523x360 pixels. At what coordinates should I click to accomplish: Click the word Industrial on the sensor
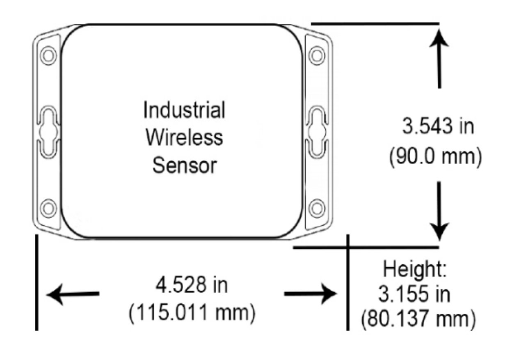pyautogui.click(x=184, y=110)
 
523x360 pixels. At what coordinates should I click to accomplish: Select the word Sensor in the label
pyautogui.click(x=184, y=166)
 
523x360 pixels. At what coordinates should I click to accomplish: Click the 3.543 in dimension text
pyautogui.click(x=437, y=126)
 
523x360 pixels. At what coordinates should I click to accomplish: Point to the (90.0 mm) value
pyautogui.click(x=435, y=158)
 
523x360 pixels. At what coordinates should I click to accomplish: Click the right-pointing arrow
pyautogui.click(x=311, y=294)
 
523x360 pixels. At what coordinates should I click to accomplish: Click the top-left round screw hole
pyautogui.click(x=48, y=55)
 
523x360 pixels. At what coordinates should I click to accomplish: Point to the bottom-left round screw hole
pyautogui.click(x=48, y=208)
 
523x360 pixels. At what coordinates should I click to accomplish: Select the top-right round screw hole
pyautogui.click(x=316, y=55)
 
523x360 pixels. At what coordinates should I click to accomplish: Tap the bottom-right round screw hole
pyautogui.click(x=316, y=208)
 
